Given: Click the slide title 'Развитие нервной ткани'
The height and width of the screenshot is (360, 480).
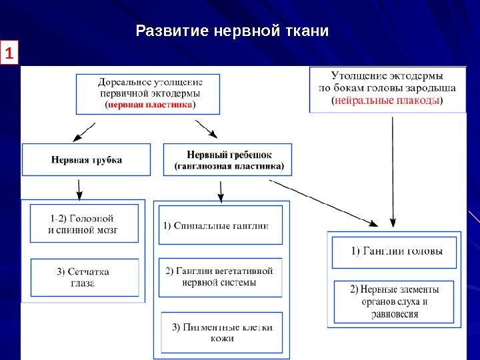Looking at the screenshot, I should [x=232, y=31].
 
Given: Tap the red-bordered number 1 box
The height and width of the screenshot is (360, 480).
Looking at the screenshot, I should [x=10, y=53].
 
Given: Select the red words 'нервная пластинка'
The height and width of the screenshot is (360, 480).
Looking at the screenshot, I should [x=150, y=105].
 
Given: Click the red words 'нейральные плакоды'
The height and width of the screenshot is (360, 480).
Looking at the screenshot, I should [x=387, y=101].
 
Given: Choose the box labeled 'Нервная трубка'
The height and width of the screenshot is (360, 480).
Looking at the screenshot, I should [x=87, y=160].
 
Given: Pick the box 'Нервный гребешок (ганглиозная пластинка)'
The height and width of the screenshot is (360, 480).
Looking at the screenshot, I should [x=228, y=160].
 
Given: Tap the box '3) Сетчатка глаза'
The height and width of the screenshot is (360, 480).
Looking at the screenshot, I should [x=84, y=277].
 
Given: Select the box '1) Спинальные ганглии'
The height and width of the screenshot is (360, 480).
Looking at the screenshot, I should [x=219, y=225].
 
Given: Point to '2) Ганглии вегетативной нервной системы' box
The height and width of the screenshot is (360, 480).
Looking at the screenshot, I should [x=219, y=277].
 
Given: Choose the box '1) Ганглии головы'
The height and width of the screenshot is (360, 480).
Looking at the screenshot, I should [x=396, y=252].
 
